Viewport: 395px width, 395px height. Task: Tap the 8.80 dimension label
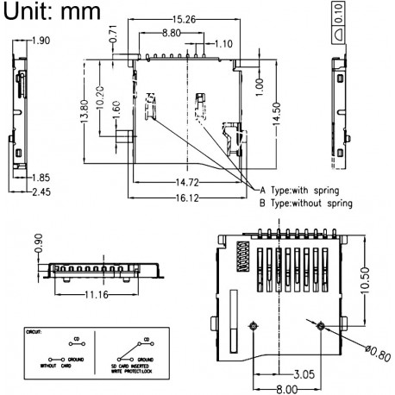179,32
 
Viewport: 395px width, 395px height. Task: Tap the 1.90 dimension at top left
40,41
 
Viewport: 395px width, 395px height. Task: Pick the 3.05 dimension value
302,376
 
